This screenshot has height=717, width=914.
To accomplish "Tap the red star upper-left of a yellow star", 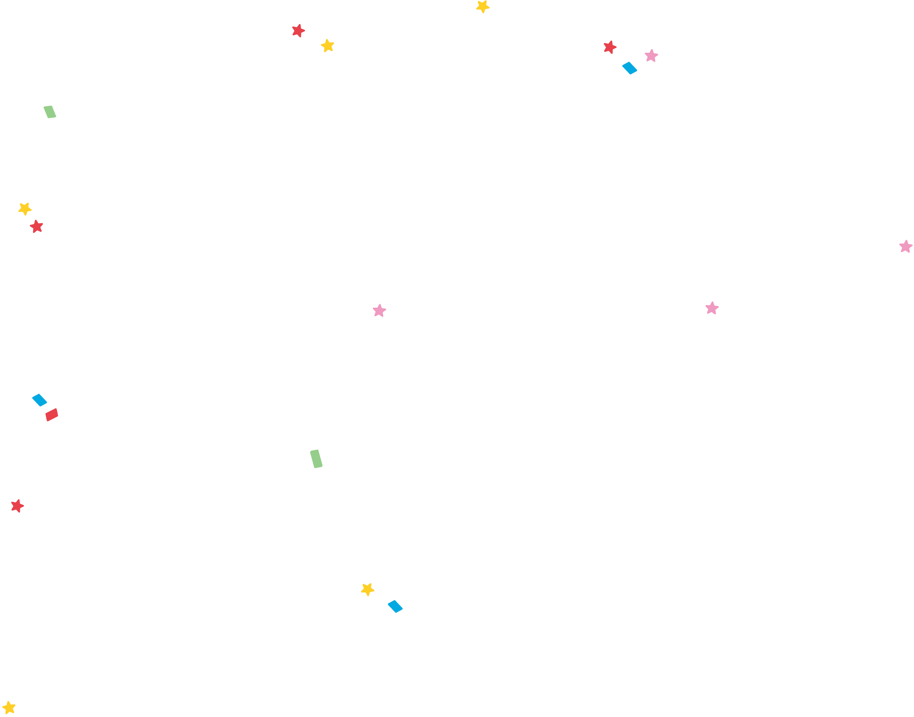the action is pos(298,31).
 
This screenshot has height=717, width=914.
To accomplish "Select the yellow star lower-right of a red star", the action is pos(327,46).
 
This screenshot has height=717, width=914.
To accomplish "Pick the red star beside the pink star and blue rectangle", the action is pos(610,47).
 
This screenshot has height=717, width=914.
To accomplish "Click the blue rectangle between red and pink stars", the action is pos(629,68).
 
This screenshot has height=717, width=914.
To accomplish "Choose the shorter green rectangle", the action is pos(50,112).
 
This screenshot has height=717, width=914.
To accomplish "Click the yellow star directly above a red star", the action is pos(25,209).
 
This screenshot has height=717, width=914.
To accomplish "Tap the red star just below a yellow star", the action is pos(37,227).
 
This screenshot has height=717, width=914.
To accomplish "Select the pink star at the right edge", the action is pos(906,246).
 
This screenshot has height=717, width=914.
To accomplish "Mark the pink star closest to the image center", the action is pos(379,311).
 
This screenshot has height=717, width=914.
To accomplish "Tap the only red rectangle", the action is pos(52,415).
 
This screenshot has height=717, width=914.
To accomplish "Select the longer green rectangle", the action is pos(316,459).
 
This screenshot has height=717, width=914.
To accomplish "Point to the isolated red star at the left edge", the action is pos(17,506).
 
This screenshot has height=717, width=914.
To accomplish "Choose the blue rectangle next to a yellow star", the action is pos(395,606).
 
